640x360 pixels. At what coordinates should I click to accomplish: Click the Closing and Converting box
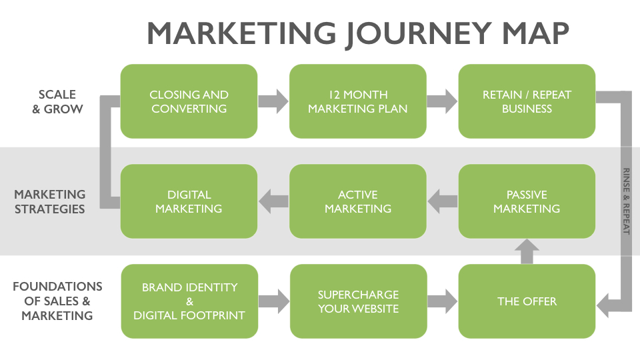click(189, 101)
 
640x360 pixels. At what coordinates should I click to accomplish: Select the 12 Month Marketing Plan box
click(358, 101)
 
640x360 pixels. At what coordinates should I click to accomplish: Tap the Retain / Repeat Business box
click(527, 101)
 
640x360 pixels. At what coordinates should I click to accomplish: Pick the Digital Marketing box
click(189, 201)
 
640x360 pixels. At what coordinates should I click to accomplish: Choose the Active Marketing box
click(358, 201)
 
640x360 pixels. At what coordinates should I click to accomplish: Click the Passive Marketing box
click(527, 201)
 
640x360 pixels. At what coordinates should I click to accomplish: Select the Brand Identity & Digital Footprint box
click(189, 301)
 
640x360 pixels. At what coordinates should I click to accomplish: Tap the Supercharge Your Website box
click(359, 301)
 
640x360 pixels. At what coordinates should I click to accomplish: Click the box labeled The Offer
click(527, 301)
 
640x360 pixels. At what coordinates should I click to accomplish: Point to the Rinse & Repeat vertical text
click(626, 201)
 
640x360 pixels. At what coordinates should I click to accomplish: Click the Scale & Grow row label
click(57, 101)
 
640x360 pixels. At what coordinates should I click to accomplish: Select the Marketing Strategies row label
click(50, 201)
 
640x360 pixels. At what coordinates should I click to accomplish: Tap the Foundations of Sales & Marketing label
click(57, 301)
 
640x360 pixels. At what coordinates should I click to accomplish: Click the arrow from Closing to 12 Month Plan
click(273, 101)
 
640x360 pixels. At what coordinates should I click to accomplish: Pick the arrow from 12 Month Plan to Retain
click(443, 101)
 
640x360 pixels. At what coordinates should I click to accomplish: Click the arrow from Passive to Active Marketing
click(443, 201)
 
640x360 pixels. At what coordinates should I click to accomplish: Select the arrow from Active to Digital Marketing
click(273, 201)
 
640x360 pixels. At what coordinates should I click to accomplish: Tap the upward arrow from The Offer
click(527, 251)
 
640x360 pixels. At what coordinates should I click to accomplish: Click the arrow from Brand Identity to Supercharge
click(274, 301)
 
